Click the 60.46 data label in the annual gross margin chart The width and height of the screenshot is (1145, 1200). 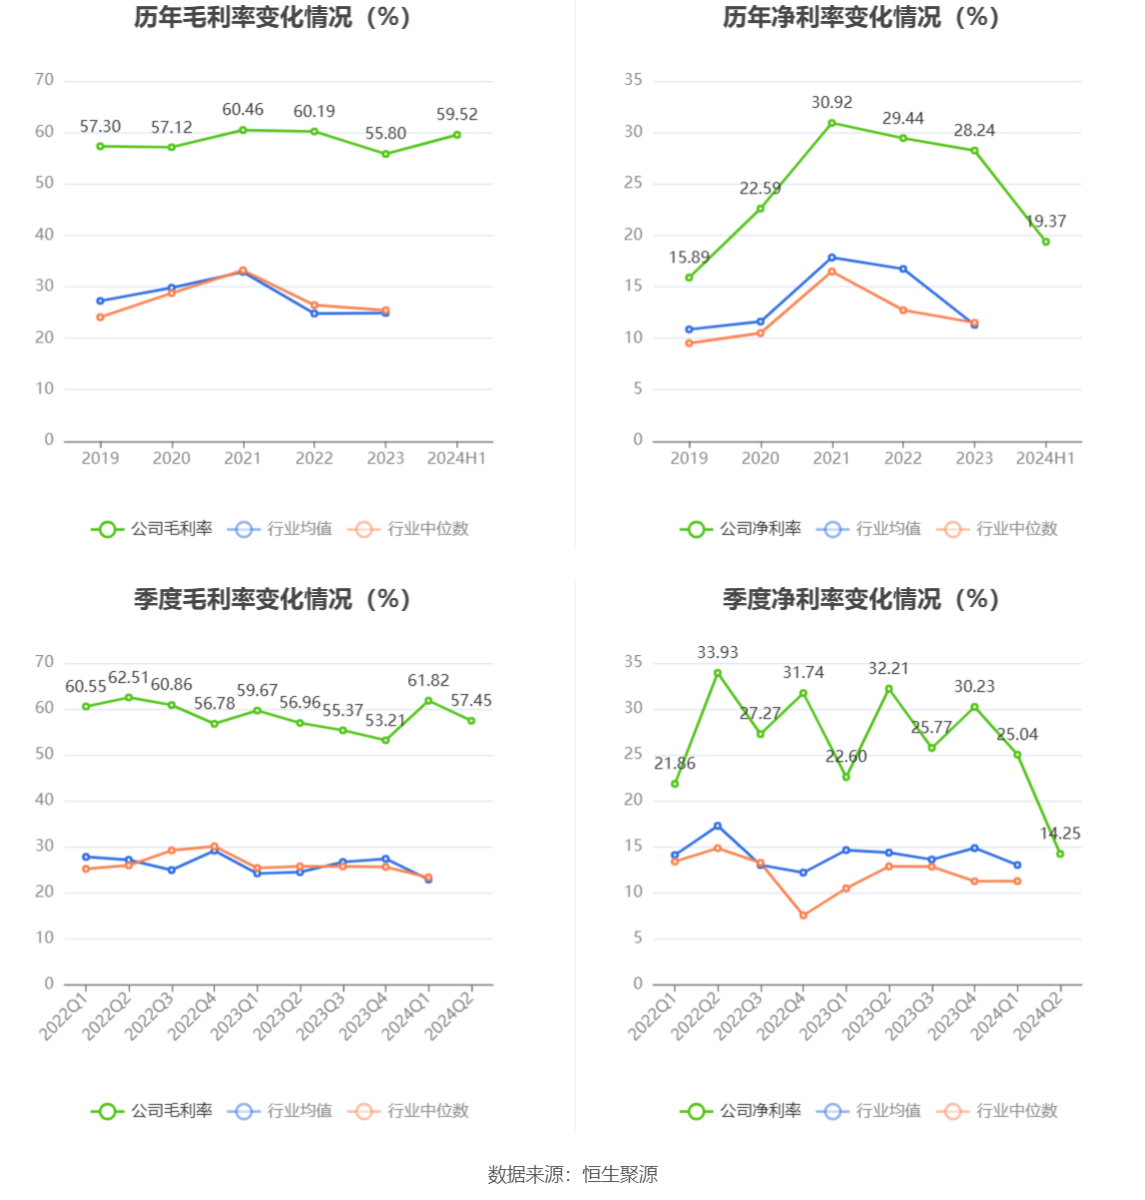pos(243,110)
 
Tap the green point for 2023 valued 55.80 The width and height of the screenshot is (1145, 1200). pos(385,154)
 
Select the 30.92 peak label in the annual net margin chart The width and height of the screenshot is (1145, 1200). pos(832,103)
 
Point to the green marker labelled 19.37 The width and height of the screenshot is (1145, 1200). pos(1045,242)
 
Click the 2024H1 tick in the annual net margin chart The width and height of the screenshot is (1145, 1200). pos(1045,458)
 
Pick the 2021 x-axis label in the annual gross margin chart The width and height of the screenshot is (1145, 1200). pos(243,458)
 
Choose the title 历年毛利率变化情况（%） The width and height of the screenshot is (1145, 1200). pos(273,18)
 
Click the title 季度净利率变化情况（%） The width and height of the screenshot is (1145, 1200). pos(860,599)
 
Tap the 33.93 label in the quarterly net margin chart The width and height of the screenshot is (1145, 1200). pos(718,653)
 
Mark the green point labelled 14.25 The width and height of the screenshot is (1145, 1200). pos(1060,854)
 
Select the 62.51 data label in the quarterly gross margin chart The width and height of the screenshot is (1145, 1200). pos(129,679)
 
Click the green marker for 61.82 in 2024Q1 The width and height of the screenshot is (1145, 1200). pos(428,701)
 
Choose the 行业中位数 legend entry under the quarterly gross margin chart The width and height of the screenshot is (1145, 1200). pos(409,1111)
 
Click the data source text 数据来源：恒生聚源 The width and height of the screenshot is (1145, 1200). pos(572,1175)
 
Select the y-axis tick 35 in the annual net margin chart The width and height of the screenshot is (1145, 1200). pos(633,80)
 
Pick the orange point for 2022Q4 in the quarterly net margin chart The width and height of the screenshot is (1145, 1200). pos(803,915)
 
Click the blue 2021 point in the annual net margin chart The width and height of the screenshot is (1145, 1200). pos(832,258)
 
